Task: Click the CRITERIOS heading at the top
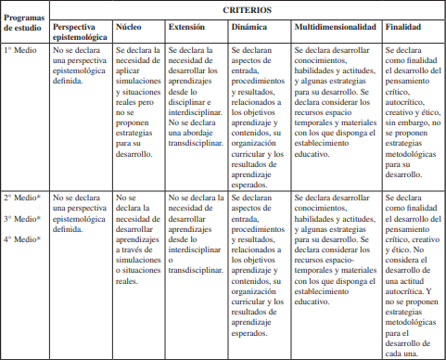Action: point(248,8)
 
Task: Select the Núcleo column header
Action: point(128,29)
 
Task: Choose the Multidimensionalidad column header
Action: point(335,29)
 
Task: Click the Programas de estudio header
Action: point(25,21)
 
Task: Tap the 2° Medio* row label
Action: point(23,198)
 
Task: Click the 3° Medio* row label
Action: point(23,218)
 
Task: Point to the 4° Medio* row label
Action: point(23,238)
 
